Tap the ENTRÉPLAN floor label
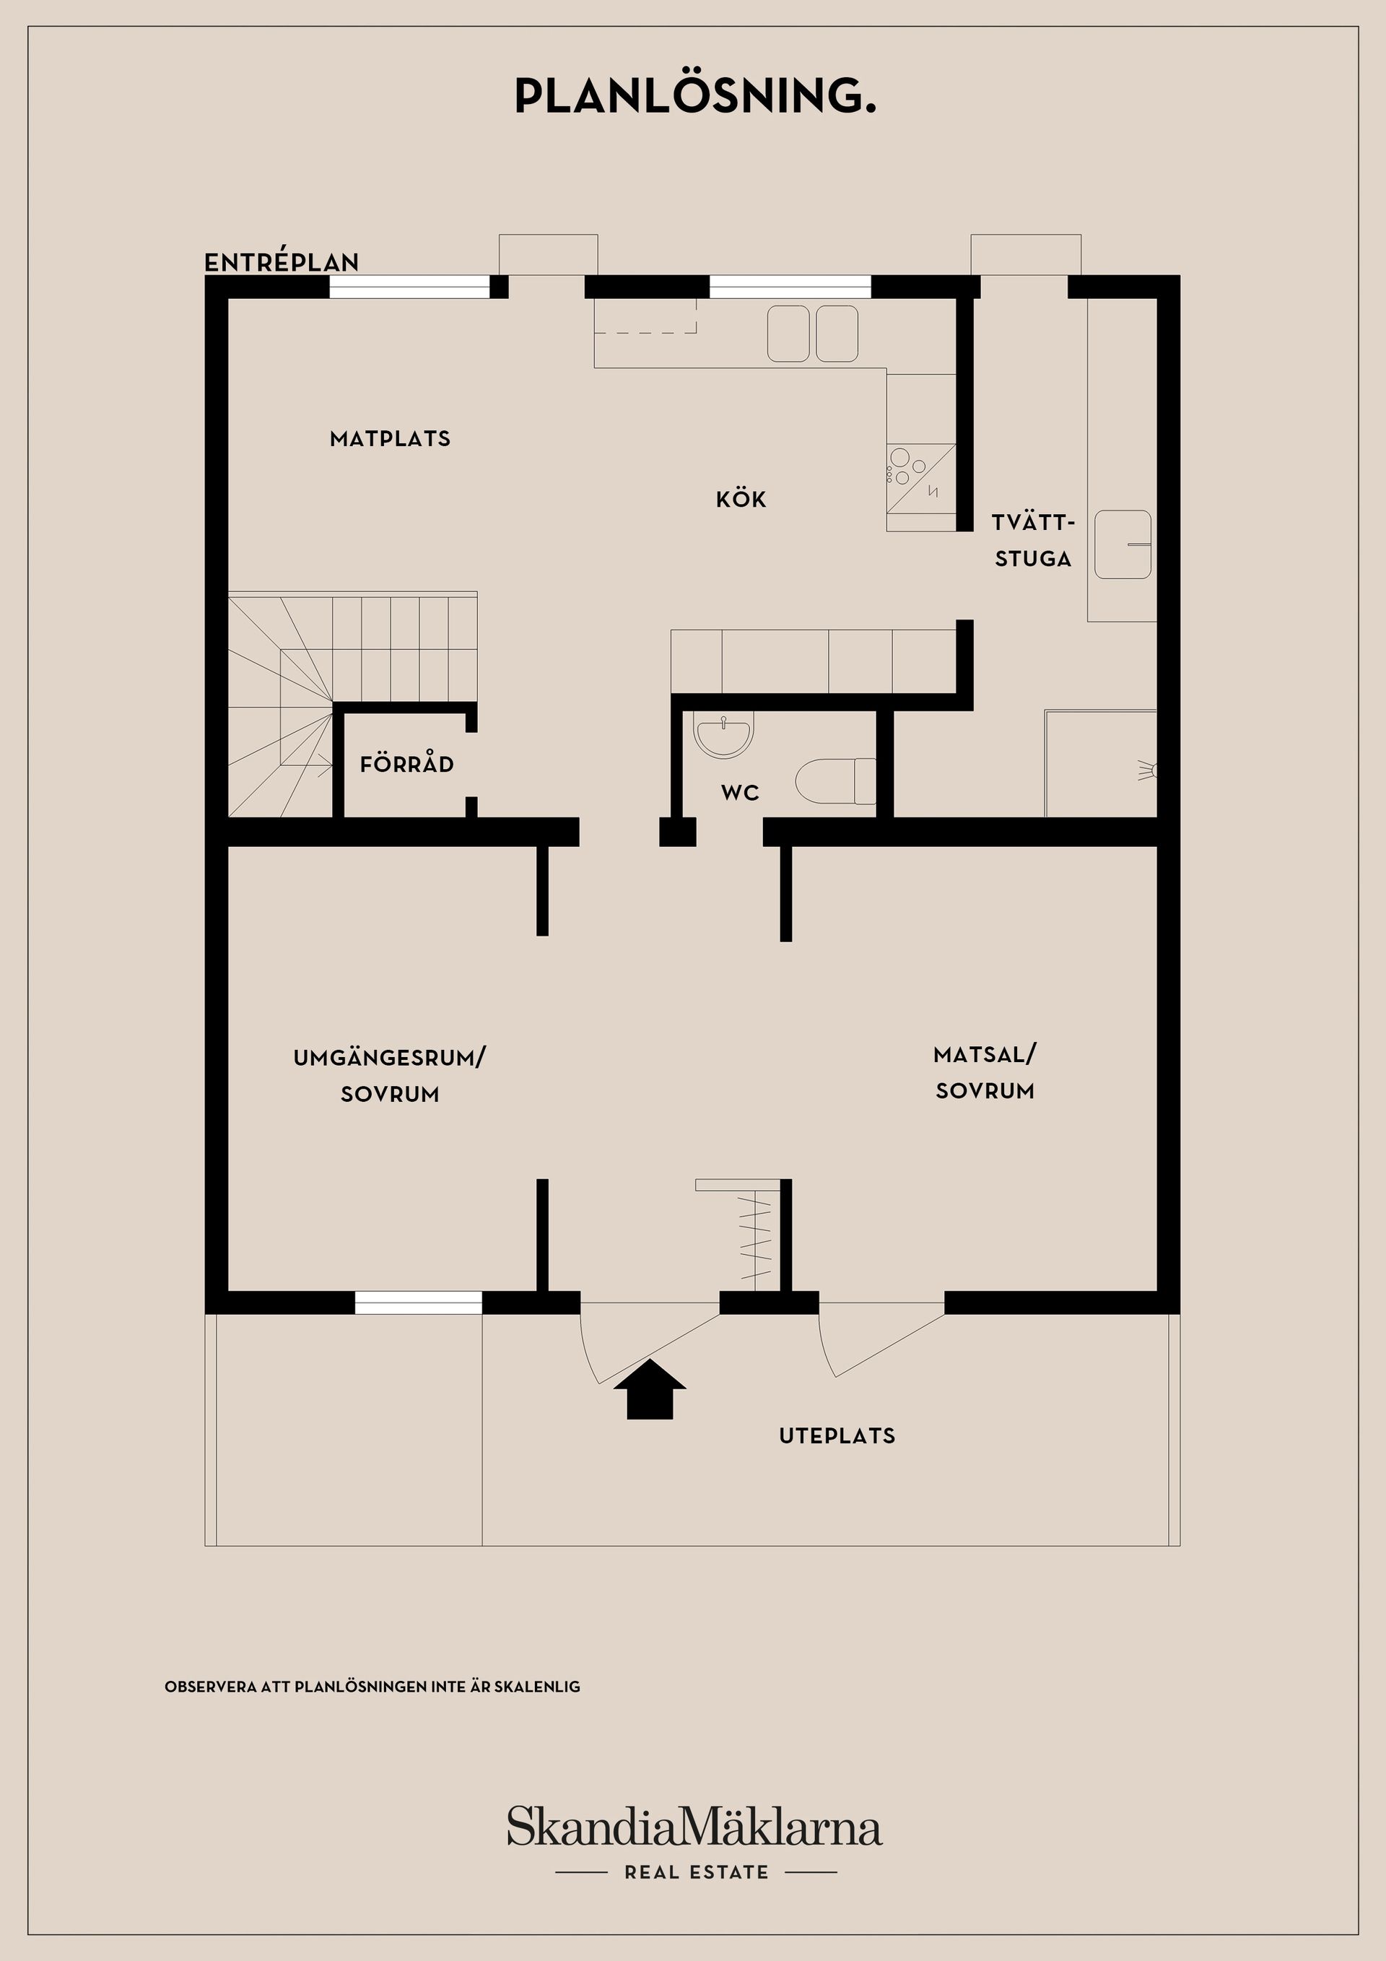coord(282,261)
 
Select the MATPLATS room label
coord(391,439)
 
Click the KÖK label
coord(741,499)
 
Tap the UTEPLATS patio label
coord(837,1435)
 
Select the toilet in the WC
coord(835,781)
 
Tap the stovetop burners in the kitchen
coord(907,467)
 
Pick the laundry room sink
coord(1123,544)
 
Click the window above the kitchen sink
coord(790,287)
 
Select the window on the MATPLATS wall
coord(410,287)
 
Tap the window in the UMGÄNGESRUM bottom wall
coord(419,1303)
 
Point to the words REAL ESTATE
coord(696,1872)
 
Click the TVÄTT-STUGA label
coord(1033,540)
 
